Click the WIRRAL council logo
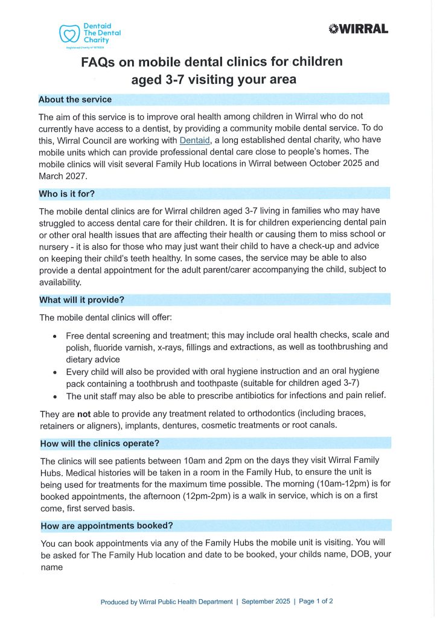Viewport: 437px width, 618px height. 359,28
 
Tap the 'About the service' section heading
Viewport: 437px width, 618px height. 75,99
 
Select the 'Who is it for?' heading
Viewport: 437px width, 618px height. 66,194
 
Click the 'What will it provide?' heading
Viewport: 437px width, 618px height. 81,299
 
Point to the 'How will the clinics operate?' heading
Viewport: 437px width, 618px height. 99,443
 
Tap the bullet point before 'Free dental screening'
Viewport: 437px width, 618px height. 55,336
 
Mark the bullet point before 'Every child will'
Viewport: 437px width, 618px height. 55,372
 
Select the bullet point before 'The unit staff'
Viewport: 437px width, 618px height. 55,397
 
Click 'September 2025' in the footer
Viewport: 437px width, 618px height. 265,602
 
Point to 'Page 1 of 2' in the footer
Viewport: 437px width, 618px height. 316,602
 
